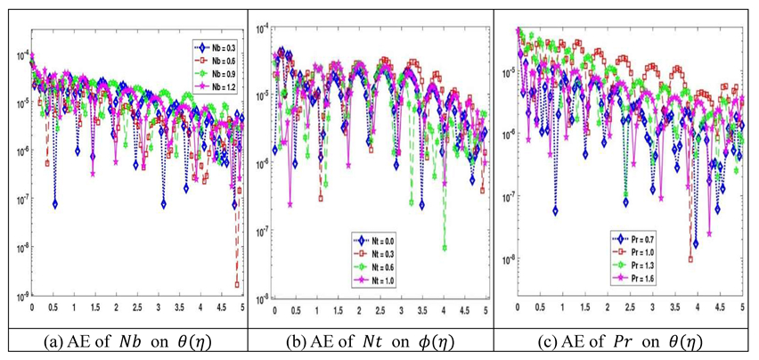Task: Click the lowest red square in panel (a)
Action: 238,284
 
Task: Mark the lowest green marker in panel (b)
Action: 444,248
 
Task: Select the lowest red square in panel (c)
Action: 691,259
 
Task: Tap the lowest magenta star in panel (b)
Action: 290,204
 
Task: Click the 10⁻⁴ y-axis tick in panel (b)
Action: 263,29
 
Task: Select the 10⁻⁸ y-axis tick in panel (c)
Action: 509,260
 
